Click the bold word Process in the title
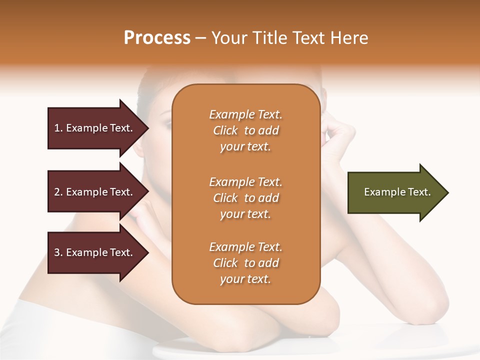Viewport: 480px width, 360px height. click(157, 38)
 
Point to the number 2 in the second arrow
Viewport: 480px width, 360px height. click(57, 192)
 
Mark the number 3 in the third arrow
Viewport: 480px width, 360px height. click(57, 252)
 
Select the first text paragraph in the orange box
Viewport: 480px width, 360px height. click(245, 130)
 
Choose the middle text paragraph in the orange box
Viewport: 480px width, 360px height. click(245, 198)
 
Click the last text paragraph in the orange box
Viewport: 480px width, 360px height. click(245, 263)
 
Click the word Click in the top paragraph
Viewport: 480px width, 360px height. click(225, 130)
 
